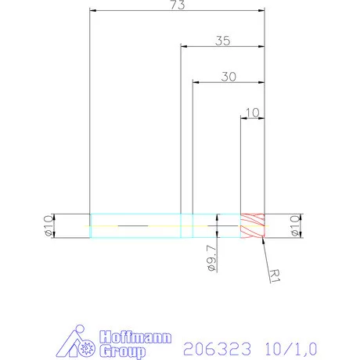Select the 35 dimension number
(x=222, y=41)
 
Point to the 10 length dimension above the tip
(x=252, y=113)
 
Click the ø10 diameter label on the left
(x=46, y=225)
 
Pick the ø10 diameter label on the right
(x=295, y=225)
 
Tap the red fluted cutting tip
(x=254, y=225)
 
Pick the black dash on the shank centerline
(x=133, y=225)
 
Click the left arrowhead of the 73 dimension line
(x=94, y=11)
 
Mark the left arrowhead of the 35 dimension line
(x=185, y=46)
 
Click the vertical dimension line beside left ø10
(x=55, y=225)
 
